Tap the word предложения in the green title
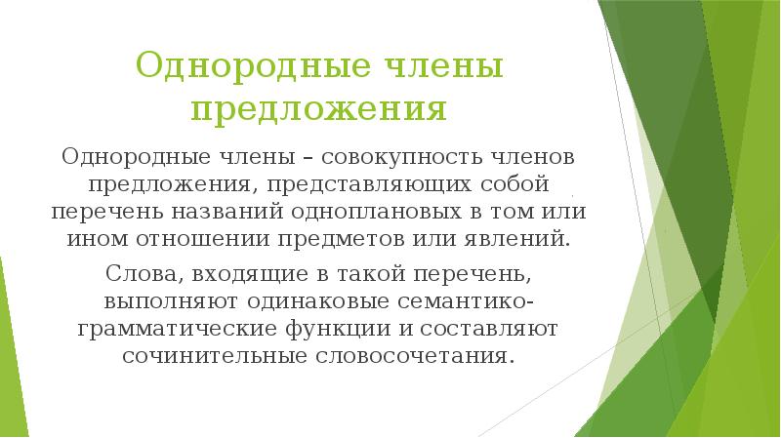click(x=318, y=107)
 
